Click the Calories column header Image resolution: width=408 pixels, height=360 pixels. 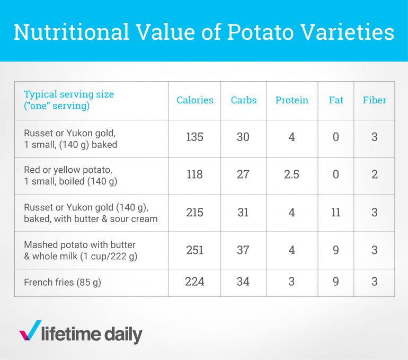pos(195,100)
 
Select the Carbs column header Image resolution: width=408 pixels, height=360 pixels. pos(243,100)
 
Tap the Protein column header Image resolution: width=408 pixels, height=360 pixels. pos(291,100)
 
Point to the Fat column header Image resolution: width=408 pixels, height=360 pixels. pos(336,100)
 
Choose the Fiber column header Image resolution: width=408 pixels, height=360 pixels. pos(374,100)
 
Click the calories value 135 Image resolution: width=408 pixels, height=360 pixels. pos(195,137)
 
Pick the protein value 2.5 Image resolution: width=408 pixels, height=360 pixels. pos(291,174)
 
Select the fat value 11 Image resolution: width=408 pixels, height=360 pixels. pos(336,212)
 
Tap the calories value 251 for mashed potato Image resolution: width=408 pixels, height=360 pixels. pos(195,250)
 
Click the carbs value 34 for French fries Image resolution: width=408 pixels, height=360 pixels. pos(243,282)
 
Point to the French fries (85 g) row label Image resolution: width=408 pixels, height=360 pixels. pos(63,283)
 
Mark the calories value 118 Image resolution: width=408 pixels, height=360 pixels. pos(195,174)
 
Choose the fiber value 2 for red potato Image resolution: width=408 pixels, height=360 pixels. pos(374,174)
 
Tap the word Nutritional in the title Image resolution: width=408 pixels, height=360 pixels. pos(71,32)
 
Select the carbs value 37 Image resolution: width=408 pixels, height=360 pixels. pos(243,250)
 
